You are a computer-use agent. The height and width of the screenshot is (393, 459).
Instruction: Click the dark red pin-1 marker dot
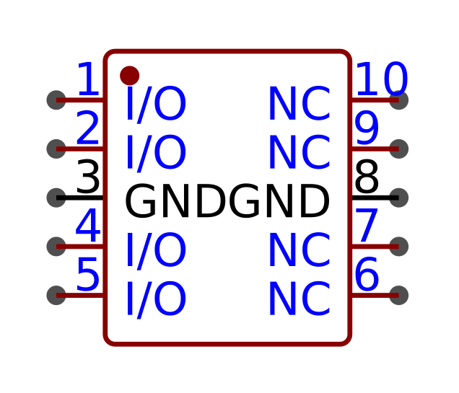click(129, 76)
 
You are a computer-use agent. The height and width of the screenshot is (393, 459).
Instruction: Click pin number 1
click(88, 79)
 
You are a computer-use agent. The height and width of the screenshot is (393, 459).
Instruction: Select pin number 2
click(87, 128)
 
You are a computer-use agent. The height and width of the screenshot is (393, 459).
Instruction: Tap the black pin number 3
click(88, 177)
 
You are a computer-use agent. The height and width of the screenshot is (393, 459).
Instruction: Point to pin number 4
click(88, 226)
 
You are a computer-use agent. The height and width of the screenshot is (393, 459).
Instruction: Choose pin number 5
click(88, 274)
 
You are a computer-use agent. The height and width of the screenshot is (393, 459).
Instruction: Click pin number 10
click(382, 79)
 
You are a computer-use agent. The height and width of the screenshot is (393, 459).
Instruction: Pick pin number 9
click(367, 128)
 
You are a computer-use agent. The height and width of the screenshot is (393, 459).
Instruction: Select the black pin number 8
click(367, 177)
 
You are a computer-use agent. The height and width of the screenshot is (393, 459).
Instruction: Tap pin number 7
click(367, 226)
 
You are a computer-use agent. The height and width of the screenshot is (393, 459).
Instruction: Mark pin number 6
click(367, 274)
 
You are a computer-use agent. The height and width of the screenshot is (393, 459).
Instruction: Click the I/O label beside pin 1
click(156, 104)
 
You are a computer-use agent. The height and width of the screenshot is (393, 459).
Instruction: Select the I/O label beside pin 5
click(156, 299)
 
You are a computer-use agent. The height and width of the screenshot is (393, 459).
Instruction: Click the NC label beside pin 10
click(300, 103)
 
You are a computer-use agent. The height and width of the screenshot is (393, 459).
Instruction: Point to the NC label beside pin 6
click(300, 299)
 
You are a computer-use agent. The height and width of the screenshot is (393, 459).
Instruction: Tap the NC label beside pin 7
click(300, 250)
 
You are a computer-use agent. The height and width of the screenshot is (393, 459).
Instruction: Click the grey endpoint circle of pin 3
click(56, 198)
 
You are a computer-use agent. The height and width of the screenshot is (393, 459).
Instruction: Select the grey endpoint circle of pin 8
click(398, 198)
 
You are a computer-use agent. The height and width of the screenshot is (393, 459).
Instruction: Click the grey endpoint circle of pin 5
click(56, 296)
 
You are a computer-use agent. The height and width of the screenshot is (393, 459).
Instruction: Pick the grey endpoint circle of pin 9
click(398, 149)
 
